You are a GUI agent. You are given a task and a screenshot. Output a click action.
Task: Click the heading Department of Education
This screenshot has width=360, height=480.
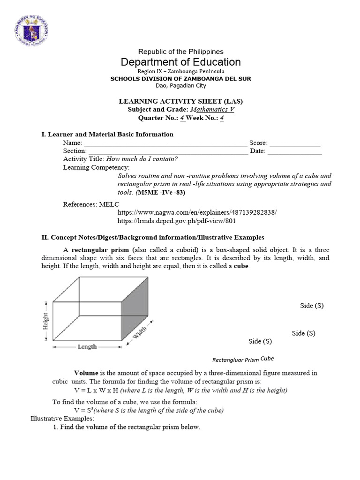click(180, 62)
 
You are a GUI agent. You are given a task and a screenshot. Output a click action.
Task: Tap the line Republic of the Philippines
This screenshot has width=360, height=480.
click(180, 52)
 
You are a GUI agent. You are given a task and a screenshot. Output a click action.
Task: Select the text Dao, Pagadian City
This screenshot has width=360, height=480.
click(180, 85)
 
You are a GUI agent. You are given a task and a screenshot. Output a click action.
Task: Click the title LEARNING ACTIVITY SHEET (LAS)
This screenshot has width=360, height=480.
click(180, 101)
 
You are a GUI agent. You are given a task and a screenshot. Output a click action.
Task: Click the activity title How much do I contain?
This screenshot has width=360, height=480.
click(145, 159)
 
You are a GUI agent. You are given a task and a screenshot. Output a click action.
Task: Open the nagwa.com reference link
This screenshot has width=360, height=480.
click(197, 212)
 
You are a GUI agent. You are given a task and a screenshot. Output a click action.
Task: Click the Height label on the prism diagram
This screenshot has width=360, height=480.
click(46, 322)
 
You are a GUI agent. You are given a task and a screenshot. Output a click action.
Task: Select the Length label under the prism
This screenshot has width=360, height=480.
click(87, 347)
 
